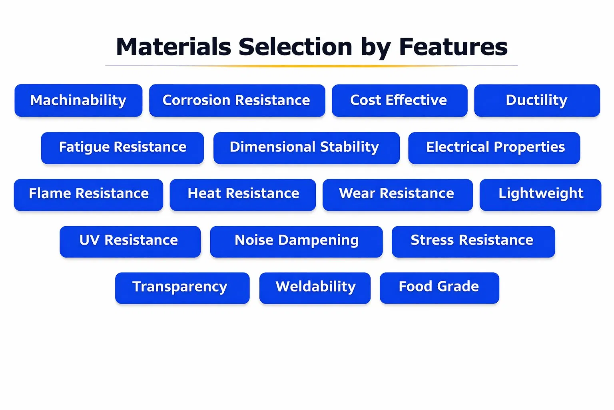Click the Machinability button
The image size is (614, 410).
point(78,100)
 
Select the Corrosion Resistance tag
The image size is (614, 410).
point(237,100)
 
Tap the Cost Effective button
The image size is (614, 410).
point(399,100)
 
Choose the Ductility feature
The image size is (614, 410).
point(537,100)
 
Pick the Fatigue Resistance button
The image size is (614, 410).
point(122,148)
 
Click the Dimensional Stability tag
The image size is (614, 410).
point(307,148)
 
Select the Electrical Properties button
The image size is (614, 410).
point(494,148)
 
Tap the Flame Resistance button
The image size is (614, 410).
point(88,195)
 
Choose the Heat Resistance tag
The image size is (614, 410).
point(243,195)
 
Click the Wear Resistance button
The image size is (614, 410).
point(397,195)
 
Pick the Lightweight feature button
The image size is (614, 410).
point(540,195)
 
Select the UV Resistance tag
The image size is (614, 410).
point(130,242)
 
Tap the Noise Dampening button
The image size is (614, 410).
point(296,242)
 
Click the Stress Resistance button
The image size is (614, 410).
point(473,242)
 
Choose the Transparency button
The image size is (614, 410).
point(182,288)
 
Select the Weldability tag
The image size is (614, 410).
point(315,288)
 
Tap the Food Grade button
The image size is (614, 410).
point(439,288)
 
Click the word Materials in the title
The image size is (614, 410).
point(174,47)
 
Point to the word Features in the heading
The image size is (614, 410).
point(453,47)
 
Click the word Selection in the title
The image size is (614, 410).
point(295,47)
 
